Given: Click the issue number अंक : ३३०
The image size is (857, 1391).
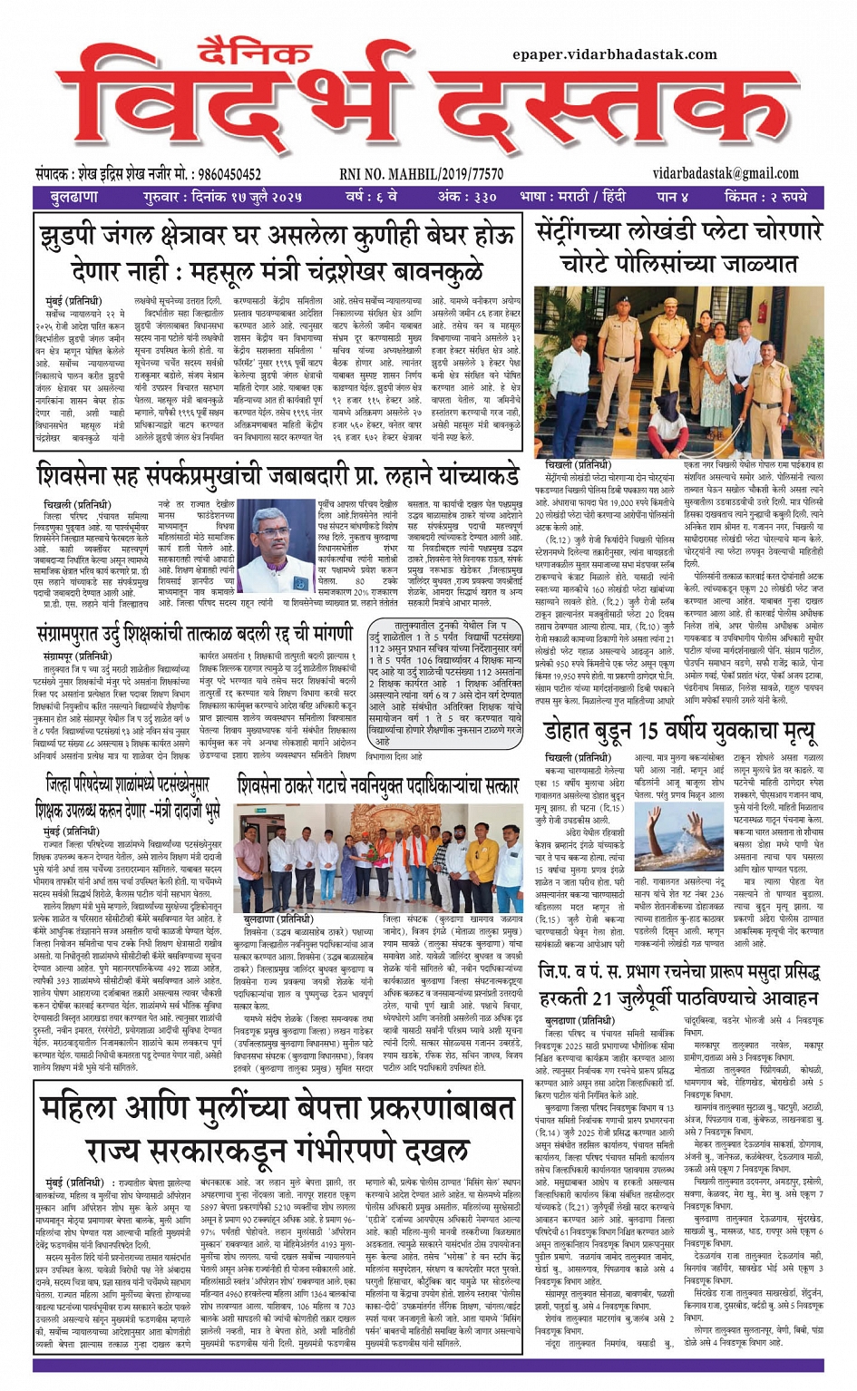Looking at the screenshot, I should (467, 197).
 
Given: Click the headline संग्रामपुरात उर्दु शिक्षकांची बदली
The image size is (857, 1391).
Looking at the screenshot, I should (196, 607).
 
